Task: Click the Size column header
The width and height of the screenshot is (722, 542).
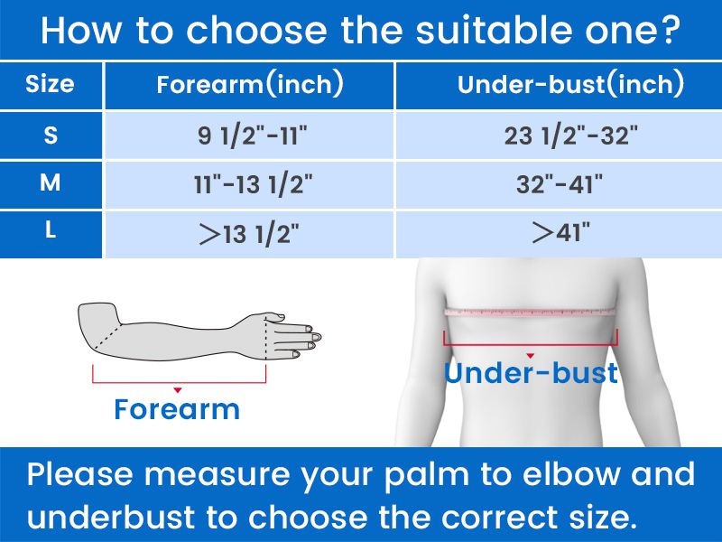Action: (50, 84)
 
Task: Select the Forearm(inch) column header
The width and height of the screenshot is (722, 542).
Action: (250, 84)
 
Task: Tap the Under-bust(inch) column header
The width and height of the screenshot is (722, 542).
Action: (570, 84)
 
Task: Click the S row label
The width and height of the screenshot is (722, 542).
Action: (51, 135)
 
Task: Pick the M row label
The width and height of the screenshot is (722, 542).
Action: (51, 183)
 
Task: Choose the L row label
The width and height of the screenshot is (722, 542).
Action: (51, 229)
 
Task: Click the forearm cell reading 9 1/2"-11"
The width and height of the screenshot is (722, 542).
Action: (253, 136)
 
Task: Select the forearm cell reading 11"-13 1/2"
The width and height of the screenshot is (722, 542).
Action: (253, 184)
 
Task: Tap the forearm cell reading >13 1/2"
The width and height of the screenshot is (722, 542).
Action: (249, 234)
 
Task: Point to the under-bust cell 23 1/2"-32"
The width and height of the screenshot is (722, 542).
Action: (571, 136)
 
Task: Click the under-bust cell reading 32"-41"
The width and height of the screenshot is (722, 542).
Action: (560, 184)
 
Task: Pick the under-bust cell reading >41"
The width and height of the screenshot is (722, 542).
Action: (560, 232)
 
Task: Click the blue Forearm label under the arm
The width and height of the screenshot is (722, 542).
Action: (177, 409)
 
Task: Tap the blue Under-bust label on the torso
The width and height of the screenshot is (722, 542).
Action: (531, 373)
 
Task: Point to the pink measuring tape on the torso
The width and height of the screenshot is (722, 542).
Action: (531, 312)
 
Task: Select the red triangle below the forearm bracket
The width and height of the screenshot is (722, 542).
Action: (178, 390)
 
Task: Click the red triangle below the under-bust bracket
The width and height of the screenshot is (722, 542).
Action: (531, 356)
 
